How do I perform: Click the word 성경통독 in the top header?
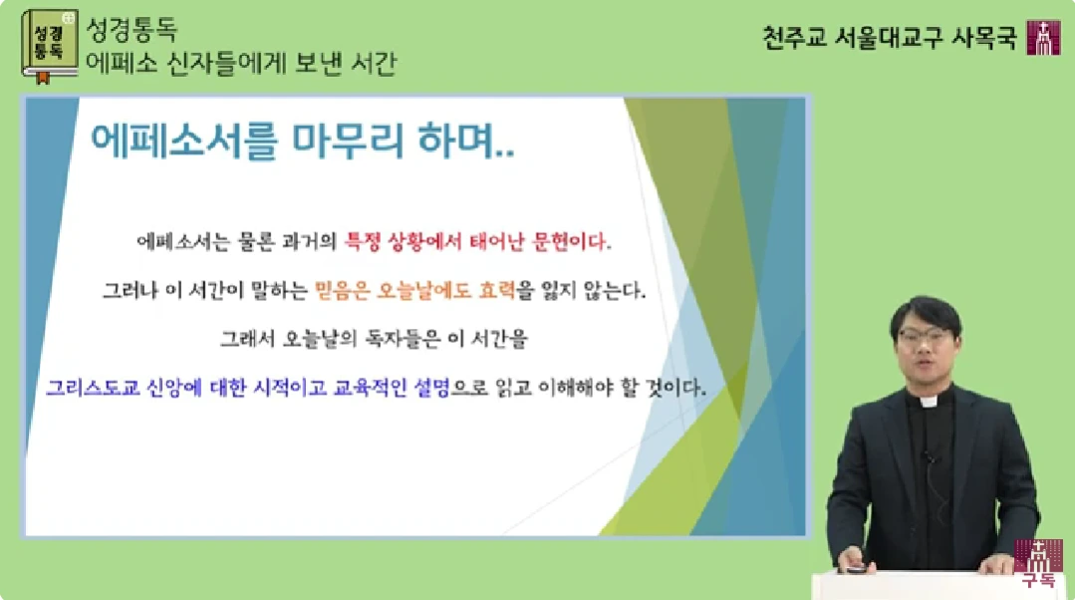pyautogui.click(x=132, y=30)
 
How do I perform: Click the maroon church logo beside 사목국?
pyautogui.click(x=1043, y=38)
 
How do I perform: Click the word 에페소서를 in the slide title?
pyautogui.click(x=184, y=142)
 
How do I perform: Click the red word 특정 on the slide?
pyautogui.click(x=362, y=241)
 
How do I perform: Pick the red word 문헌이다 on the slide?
pyautogui.click(x=569, y=241)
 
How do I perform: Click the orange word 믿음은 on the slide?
pyautogui.click(x=342, y=291)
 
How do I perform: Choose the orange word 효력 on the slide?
pyautogui.click(x=497, y=291)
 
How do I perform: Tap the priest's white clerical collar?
pyautogui.click(x=929, y=403)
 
